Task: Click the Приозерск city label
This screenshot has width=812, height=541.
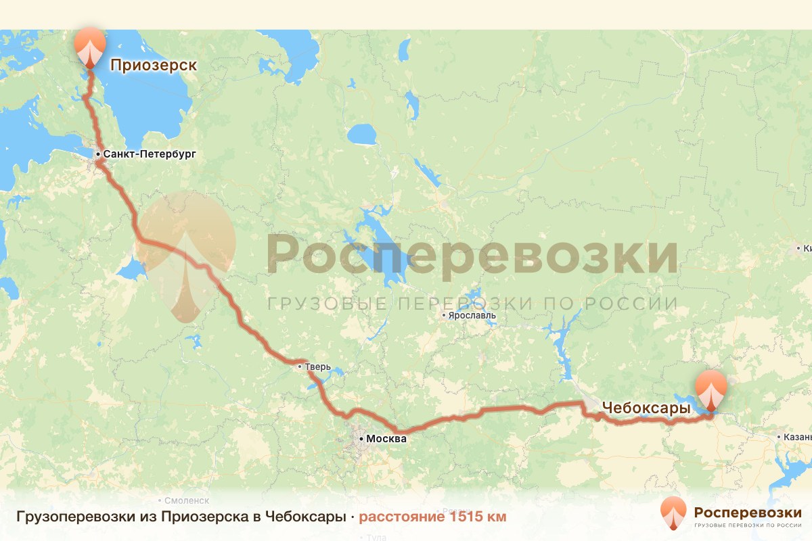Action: click(x=153, y=65)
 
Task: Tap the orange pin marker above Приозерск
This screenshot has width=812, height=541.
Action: click(x=90, y=46)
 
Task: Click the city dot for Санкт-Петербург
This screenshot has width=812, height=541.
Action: click(x=98, y=155)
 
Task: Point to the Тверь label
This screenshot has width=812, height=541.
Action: click(x=317, y=367)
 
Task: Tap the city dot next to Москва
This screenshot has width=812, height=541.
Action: click(x=361, y=439)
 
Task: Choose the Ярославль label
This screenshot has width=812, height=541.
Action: click(x=472, y=315)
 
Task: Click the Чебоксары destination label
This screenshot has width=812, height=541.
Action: click(x=646, y=408)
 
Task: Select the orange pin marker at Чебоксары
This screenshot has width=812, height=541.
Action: click(x=712, y=388)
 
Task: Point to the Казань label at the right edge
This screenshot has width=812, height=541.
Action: click(x=798, y=437)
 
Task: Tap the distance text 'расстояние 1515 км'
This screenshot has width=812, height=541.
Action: click(x=432, y=517)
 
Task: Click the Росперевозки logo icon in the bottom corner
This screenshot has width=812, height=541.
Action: click(x=673, y=513)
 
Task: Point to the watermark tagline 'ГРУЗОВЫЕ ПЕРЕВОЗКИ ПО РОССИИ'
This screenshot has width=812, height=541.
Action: click(x=472, y=304)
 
